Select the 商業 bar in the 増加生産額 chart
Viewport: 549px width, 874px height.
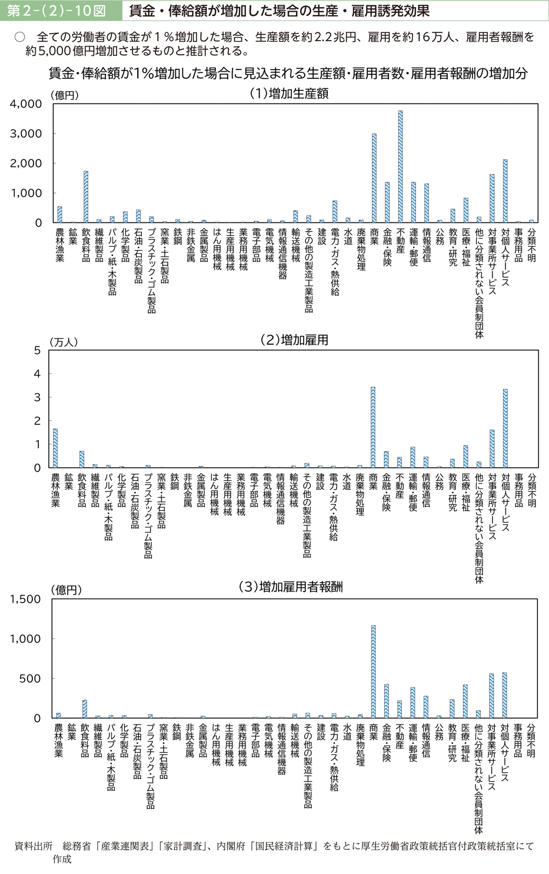(374, 178)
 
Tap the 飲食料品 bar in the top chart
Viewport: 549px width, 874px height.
(86, 197)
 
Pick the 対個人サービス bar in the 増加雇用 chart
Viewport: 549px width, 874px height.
(505, 428)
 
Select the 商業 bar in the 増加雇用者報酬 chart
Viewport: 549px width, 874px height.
(373, 672)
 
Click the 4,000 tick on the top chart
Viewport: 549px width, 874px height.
(26, 104)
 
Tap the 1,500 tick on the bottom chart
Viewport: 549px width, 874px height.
(25, 599)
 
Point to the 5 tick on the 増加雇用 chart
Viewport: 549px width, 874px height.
(37, 351)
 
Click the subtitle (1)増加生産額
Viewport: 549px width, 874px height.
(289, 94)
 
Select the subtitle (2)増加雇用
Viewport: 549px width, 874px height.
(294, 340)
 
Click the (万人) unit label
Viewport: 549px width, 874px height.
(64, 341)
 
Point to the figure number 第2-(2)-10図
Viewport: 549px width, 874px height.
(57, 11)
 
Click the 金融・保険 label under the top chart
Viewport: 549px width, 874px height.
(387, 247)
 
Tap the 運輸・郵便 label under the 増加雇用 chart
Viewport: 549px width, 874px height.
(412, 494)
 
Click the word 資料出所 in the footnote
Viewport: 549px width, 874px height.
(34, 846)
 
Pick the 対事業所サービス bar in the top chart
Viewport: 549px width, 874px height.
(492, 198)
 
